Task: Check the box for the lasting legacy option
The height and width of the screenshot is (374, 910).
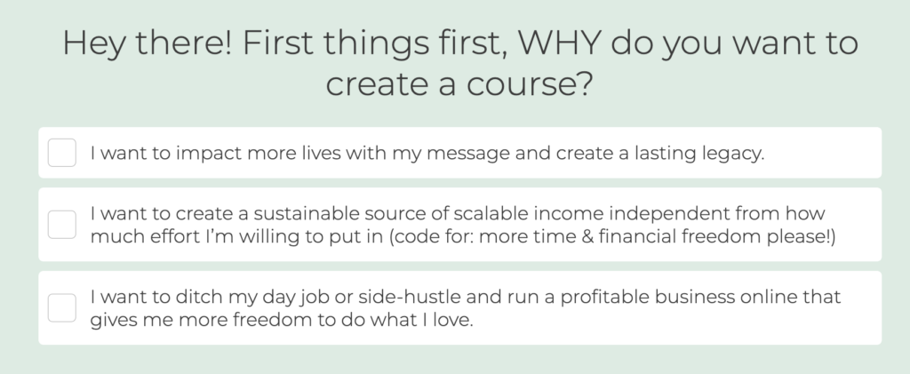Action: click(x=61, y=153)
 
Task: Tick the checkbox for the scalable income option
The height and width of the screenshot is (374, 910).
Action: click(x=61, y=225)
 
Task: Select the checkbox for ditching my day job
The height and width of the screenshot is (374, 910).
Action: click(x=61, y=308)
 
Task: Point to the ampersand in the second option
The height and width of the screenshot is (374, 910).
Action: click(x=587, y=236)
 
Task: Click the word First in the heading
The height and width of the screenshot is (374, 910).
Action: click(x=278, y=43)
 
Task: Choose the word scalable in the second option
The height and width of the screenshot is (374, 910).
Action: click(x=491, y=213)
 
